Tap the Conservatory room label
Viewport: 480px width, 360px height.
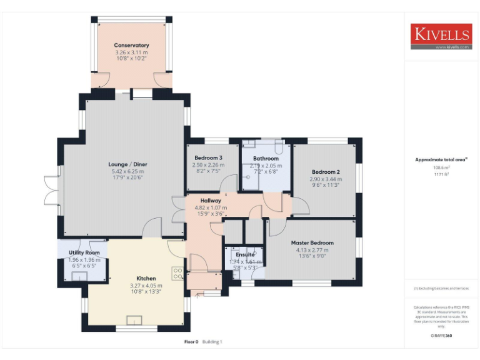pos(131,46)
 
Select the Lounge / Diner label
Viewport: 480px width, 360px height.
pos(127,164)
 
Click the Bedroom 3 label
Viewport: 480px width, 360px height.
pos(208,157)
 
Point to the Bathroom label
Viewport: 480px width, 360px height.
pos(264,159)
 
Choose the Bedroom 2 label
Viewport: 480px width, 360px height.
pos(325,172)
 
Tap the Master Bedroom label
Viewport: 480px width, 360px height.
pos(312,242)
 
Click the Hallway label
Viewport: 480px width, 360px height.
pos(202,201)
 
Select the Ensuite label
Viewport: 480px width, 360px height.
pos(245,255)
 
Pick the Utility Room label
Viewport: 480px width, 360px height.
pos(84,252)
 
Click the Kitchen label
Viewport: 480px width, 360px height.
pos(146,278)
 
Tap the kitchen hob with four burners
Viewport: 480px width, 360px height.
pos(177,274)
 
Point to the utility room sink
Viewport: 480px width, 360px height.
pos(74,273)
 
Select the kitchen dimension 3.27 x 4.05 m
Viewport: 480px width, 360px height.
pos(146,285)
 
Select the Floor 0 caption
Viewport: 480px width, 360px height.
pos(191,342)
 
